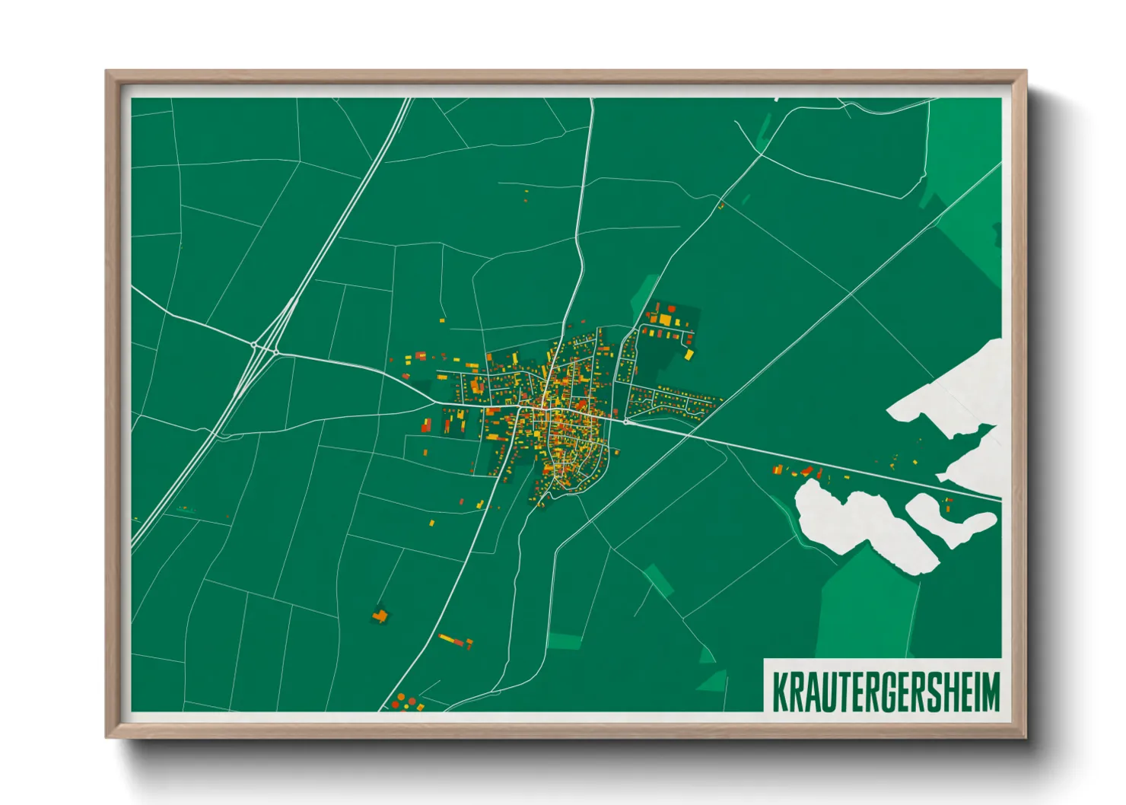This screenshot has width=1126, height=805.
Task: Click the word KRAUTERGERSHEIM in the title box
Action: pos(886,691)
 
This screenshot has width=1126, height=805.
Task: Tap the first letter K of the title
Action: pos(780,691)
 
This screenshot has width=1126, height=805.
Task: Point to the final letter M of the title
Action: pos(991,691)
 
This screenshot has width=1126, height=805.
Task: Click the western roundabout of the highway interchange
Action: pos(253,345)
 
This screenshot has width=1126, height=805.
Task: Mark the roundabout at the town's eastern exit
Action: pos(625,421)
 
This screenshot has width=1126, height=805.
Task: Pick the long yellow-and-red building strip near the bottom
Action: pos(455,640)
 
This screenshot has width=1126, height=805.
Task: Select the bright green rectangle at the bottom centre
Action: pos(564,641)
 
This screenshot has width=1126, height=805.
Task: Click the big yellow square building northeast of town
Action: pos(664,320)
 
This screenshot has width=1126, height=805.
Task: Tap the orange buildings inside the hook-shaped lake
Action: pos(947,502)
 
